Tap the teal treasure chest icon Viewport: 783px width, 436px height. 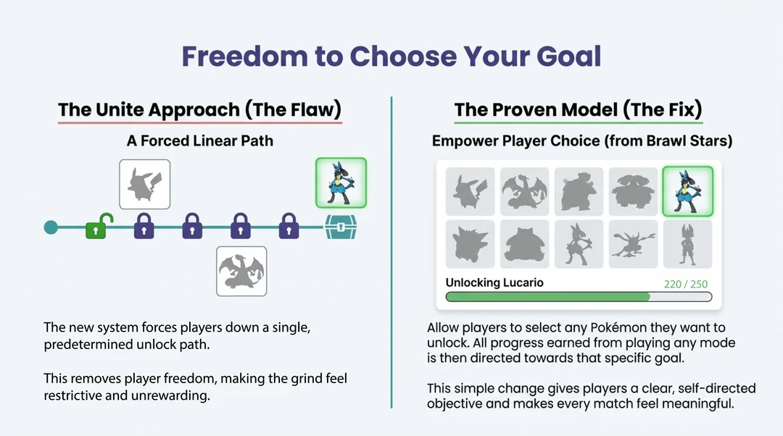point(341,227)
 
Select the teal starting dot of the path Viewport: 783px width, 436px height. point(51,227)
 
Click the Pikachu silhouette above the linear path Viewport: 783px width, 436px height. point(145,184)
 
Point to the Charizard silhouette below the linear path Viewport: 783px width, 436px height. point(241,272)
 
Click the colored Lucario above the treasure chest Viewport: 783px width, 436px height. point(341,183)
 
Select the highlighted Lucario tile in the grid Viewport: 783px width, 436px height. point(687,191)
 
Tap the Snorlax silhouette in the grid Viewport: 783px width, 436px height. point(524,245)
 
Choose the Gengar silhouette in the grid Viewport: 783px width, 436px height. point(470,245)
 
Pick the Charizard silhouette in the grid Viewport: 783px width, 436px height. point(524,191)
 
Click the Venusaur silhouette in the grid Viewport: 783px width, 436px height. point(633,191)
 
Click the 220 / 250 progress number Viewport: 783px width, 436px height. point(686,284)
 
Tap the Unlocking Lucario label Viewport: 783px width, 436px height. point(494,282)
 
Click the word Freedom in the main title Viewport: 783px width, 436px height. point(244,56)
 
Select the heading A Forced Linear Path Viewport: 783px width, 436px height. point(200,141)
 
